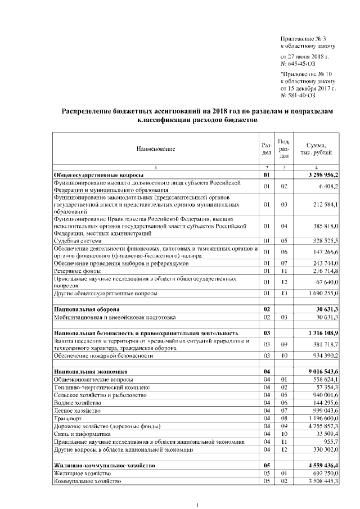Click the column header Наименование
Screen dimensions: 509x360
(155, 148)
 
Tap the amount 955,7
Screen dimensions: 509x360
(329, 442)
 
